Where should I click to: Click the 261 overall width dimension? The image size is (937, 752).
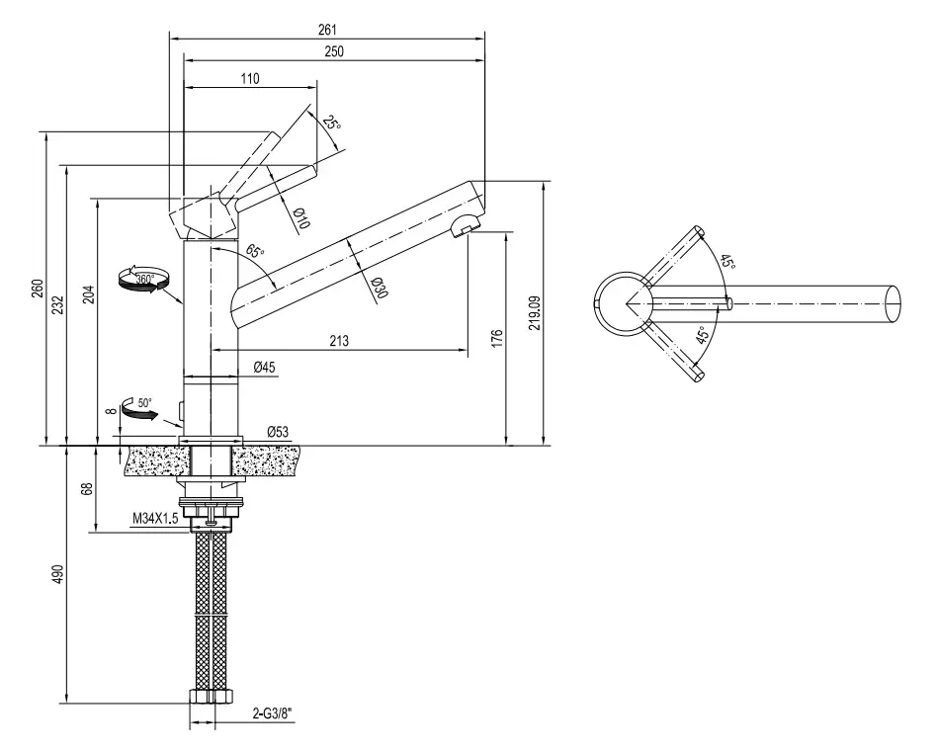(327, 30)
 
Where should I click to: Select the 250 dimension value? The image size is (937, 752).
(334, 51)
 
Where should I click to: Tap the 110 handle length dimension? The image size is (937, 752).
(250, 78)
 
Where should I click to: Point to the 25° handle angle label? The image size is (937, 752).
(331, 124)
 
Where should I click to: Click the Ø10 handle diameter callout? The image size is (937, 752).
(301, 218)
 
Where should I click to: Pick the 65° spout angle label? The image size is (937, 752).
(255, 251)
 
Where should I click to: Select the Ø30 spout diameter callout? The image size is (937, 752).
(379, 288)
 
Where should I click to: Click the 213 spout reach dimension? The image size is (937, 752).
(339, 341)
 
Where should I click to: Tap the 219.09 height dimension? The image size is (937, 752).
(535, 312)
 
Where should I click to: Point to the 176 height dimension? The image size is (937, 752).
(498, 338)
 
